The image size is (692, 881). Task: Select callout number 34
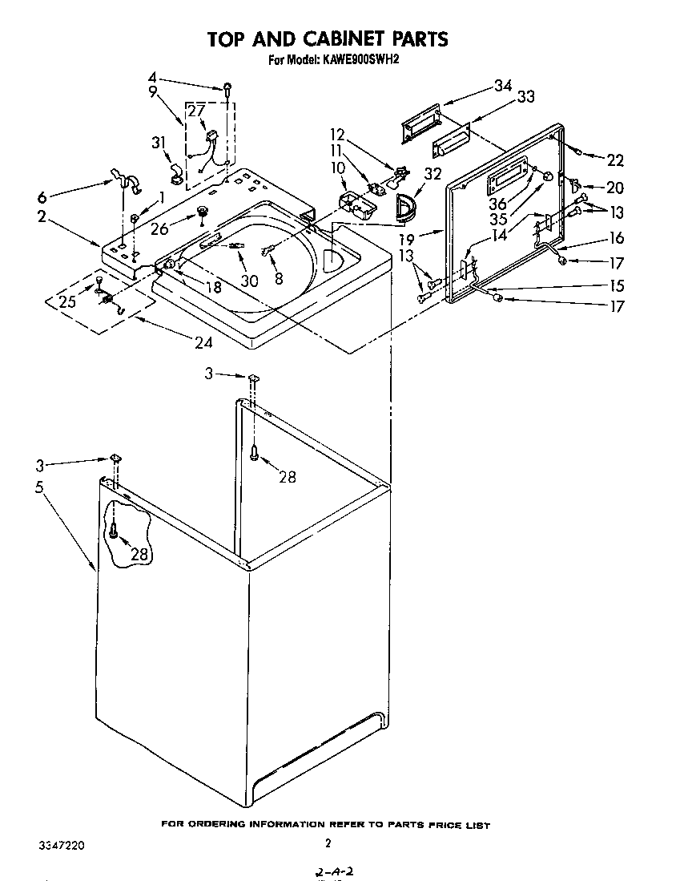click(x=502, y=86)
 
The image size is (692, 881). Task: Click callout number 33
click(x=526, y=98)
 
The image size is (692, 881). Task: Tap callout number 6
click(x=42, y=198)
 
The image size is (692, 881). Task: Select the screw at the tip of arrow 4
click(x=228, y=88)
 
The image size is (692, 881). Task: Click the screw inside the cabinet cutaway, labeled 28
click(x=115, y=529)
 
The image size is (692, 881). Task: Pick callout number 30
click(x=250, y=281)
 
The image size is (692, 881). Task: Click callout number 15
click(x=615, y=285)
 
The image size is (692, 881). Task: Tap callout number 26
click(x=159, y=229)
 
